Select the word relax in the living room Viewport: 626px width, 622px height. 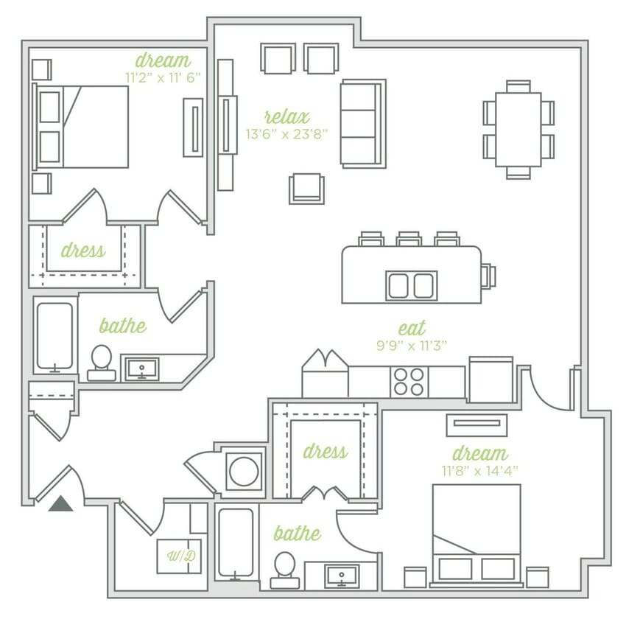(286, 116)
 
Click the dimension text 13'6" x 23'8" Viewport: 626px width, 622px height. (286, 134)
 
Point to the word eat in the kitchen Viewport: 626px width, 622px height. (411, 328)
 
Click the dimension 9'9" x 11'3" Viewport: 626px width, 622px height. (411, 344)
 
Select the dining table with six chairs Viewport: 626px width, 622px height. (518, 130)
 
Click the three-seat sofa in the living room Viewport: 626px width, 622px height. (362, 123)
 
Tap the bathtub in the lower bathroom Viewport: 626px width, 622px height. (236, 545)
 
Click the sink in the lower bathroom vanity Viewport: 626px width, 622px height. (341, 575)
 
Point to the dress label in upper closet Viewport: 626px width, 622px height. (82, 251)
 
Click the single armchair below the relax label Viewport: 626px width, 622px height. (306, 189)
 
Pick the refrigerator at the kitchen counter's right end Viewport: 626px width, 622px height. (490, 380)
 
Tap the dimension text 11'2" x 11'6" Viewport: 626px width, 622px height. (163, 76)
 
